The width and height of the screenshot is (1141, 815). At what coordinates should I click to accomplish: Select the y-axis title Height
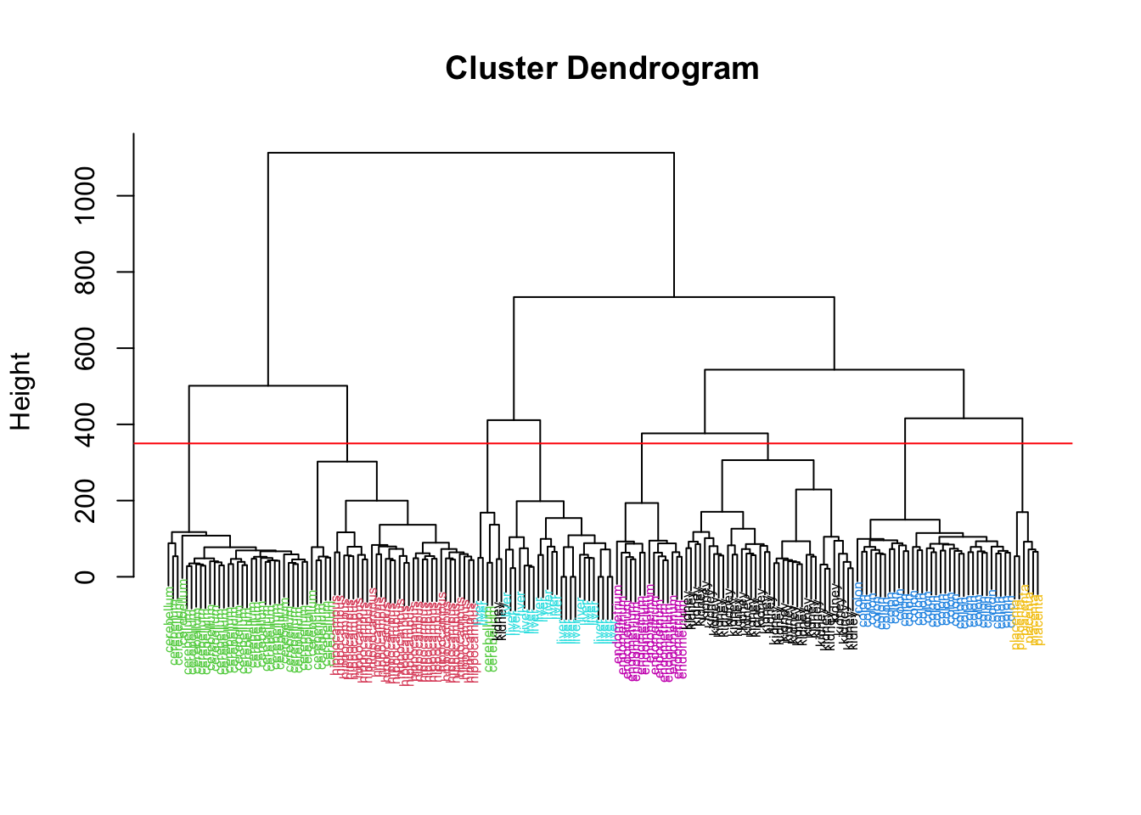click(x=20, y=391)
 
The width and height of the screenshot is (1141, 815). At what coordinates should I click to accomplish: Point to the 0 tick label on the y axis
click(x=85, y=577)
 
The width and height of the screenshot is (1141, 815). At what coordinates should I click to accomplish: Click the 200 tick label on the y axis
click(x=85, y=501)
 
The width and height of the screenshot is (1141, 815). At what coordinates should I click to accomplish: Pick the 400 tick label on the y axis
click(x=85, y=424)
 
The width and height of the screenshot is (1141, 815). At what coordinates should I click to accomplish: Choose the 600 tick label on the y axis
click(x=85, y=348)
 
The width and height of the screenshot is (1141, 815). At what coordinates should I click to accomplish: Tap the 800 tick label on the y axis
click(x=85, y=272)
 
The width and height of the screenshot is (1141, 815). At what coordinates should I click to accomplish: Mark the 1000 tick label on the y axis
click(x=85, y=195)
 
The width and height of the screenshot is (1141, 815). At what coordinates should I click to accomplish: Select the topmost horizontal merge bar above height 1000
click(x=471, y=153)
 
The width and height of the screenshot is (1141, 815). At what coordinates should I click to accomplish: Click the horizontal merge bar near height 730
click(x=674, y=297)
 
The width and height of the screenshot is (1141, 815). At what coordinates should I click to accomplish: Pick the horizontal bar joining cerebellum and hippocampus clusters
click(x=267, y=386)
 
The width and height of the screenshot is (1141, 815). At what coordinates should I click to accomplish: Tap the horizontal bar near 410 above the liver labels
click(x=514, y=420)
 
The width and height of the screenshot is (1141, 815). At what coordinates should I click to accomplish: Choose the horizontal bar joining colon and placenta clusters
click(x=964, y=419)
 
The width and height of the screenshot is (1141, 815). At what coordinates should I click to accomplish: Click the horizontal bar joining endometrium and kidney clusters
click(x=705, y=434)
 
